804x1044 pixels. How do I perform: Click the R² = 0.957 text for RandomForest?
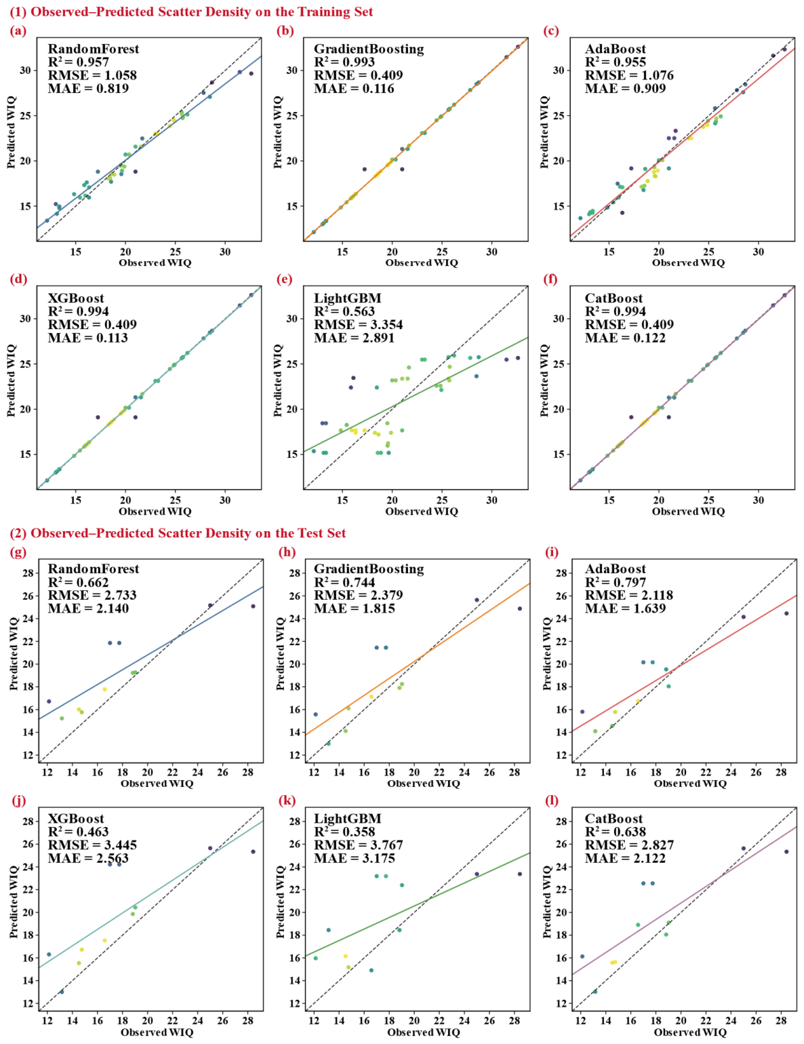tap(78, 62)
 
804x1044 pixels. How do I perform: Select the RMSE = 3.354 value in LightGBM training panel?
tap(358, 324)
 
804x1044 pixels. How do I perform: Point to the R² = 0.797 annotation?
tap(616, 582)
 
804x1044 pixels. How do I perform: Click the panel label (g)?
tap(18, 552)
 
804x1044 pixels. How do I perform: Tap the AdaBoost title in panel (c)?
tap(616, 49)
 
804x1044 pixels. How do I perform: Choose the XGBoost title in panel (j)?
tap(76, 818)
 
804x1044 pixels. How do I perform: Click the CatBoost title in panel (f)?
tap(614, 298)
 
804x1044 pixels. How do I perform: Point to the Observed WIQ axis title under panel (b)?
tap(422, 263)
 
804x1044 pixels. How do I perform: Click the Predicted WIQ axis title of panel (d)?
tap(11, 381)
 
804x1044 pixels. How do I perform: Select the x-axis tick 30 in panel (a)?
tap(225, 251)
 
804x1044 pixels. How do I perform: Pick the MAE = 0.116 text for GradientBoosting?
tap(354, 88)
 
